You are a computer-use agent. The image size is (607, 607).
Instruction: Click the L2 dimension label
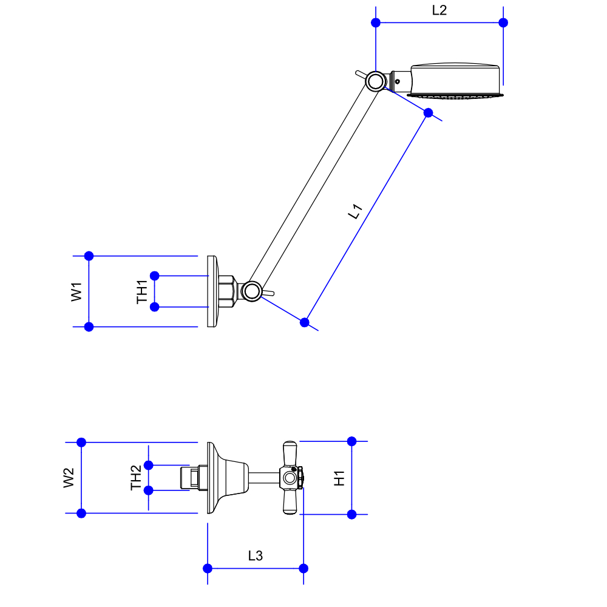439,10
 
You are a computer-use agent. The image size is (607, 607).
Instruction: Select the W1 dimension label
76,291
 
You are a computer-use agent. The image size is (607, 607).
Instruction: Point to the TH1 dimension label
142,291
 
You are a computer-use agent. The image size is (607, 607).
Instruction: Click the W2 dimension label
69,478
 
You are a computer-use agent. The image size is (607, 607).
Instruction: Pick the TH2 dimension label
136,478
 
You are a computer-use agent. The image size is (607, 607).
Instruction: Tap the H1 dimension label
339,478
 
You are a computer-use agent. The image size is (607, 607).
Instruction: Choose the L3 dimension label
256,555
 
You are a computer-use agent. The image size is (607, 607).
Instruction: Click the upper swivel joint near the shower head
376,81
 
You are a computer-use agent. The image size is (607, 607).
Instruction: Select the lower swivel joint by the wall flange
251,291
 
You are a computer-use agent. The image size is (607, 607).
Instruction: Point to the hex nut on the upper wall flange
227,291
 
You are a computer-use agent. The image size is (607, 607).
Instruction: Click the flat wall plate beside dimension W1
211,291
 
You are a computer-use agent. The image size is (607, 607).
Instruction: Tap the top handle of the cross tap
290,453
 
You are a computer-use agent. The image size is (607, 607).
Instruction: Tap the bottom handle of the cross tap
290,503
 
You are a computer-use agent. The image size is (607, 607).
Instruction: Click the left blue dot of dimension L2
376,22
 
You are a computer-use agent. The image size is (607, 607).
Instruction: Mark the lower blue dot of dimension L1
305,322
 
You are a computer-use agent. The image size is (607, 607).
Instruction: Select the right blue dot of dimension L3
303,568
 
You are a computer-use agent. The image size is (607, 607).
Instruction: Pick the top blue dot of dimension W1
89,256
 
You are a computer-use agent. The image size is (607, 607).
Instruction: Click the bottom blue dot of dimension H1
351,514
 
